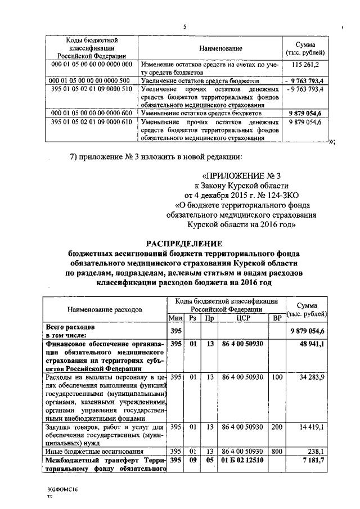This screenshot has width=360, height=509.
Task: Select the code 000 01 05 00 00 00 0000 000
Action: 91,65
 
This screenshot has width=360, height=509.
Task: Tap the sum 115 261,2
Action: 305,65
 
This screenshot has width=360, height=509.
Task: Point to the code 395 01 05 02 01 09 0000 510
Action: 91,89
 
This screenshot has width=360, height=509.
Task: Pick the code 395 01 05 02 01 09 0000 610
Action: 91,121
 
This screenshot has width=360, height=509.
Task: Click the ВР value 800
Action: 277,451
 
